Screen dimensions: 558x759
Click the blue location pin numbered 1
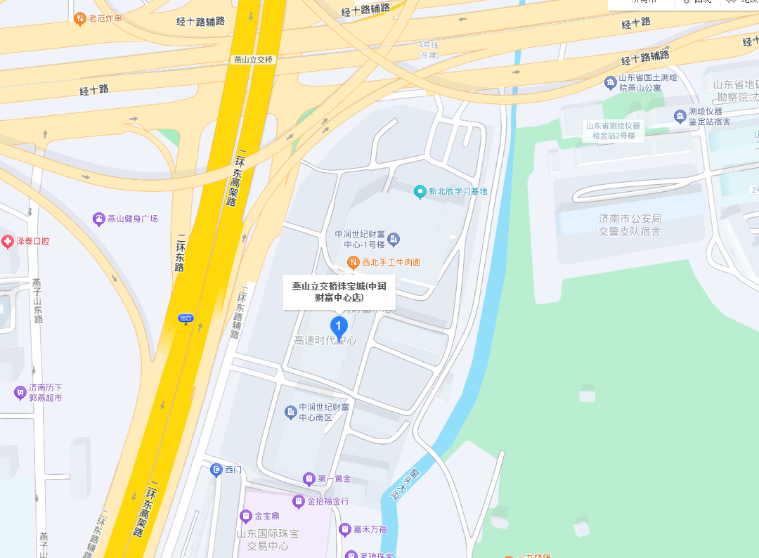click(339, 326)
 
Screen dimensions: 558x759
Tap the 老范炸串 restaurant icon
click(80, 18)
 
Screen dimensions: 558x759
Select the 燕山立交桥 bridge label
click(253, 60)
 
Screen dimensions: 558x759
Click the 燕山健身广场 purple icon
click(99, 219)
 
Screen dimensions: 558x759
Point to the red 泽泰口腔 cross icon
click(8, 242)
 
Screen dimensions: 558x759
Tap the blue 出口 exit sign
click(186, 318)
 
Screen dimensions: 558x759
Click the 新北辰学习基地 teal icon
click(420, 191)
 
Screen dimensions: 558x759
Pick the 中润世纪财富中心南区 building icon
click(290, 412)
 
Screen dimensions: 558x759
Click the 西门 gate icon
click(216, 469)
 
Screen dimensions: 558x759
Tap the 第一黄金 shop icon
click(309, 479)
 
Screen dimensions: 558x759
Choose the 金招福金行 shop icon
click(299, 502)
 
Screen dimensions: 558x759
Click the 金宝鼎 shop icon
click(246, 517)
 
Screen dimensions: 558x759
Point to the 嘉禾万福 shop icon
click(345, 529)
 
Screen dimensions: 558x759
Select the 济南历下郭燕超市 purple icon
click(20, 392)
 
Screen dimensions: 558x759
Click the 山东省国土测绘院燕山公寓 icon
click(610, 83)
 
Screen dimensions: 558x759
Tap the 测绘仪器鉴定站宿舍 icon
click(680, 116)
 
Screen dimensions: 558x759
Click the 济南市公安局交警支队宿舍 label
click(630, 225)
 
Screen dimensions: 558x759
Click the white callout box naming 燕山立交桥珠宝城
click(339, 292)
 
